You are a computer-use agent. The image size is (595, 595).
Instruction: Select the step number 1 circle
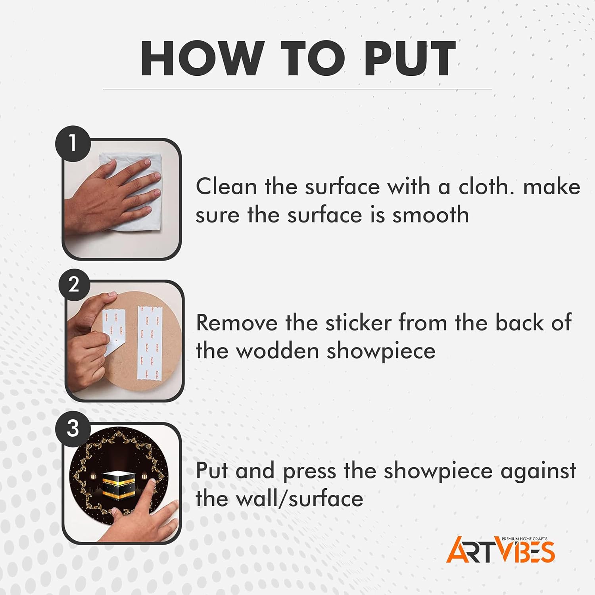pyautogui.click(x=73, y=143)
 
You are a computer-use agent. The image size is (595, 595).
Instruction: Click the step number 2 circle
pyautogui.click(x=74, y=284)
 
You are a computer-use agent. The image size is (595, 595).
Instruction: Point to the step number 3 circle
pyautogui.click(x=73, y=429)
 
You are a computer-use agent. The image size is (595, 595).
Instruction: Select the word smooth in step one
pyautogui.click(x=431, y=215)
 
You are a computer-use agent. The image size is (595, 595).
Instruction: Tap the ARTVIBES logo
pyautogui.click(x=501, y=550)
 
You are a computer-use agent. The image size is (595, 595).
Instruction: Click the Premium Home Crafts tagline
pyautogui.click(x=524, y=539)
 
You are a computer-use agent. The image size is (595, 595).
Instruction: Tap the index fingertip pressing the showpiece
pyautogui.click(x=151, y=482)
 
